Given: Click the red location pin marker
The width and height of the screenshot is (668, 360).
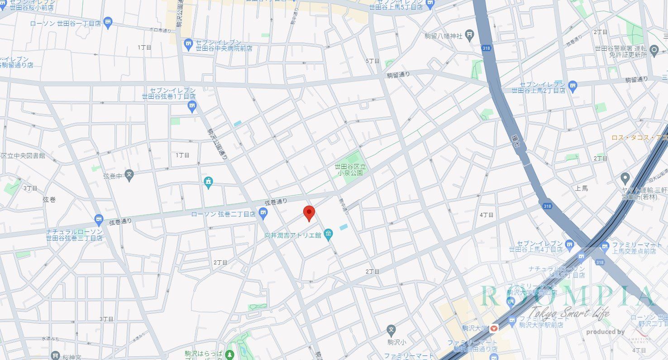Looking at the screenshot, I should pos(309,212).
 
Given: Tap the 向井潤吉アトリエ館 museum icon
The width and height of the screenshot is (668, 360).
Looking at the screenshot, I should pos(329,235).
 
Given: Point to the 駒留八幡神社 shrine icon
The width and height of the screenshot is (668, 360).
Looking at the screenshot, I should pos(470,34).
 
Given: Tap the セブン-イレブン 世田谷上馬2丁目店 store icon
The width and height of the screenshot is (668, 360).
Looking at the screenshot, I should pos(573,85).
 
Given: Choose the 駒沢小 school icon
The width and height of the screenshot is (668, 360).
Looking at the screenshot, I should pos(392,329).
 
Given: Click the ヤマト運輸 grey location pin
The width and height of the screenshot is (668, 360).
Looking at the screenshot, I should pos(625,178).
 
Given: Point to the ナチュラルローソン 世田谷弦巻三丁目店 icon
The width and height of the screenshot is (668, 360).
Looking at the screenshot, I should pos(99,221).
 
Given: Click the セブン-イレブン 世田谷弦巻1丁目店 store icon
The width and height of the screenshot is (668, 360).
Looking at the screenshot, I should pos(192,106).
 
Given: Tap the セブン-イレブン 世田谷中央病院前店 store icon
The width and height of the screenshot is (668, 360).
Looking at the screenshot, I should pos(189,44).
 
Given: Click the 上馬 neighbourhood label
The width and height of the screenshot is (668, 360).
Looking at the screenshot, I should pos(582,188).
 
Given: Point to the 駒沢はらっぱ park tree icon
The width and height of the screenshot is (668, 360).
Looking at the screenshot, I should pos(230,354).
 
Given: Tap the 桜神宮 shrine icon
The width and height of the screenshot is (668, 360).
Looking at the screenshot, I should pos(55,355).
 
